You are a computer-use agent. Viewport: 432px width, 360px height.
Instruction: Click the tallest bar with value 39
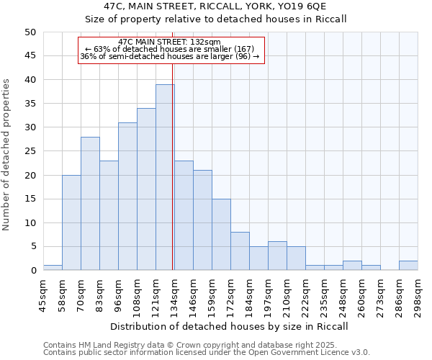[x=165, y=177]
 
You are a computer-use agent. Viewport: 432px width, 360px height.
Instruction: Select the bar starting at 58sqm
[x=71, y=222]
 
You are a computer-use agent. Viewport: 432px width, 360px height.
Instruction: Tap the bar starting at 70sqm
[x=90, y=204]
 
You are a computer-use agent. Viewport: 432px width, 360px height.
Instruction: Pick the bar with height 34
[x=146, y=189]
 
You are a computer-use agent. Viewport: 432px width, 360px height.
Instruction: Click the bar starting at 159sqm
[x=221, y=235]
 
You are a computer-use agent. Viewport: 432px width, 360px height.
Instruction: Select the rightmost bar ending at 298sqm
[x=408, y=266]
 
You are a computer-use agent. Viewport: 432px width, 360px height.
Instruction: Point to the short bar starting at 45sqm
[x=53, y=268]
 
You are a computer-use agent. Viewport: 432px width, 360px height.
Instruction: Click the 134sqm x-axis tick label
[x=174, y=293]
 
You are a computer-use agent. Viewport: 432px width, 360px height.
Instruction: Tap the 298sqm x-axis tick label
[x=418, y=293]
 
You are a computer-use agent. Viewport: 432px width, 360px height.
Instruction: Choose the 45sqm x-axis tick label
[x=43, y=293]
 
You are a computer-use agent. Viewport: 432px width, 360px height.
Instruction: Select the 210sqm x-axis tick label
[x=287, y=293]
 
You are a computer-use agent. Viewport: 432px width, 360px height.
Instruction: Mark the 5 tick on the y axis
[x=33, y=247]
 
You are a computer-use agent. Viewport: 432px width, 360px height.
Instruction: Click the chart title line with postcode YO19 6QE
[x=216, y=6]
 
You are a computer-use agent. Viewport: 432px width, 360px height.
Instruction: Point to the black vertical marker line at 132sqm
[x=173, y=180]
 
